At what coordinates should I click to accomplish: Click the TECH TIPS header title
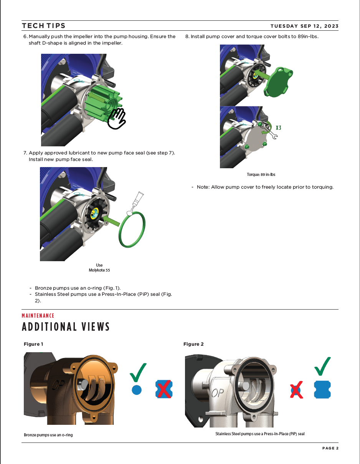(x=44, y=26)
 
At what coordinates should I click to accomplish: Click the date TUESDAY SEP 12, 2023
(x=304, y=26)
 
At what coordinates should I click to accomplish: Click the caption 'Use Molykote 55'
(x=99, y=268)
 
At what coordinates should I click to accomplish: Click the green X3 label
(x=278, y=128)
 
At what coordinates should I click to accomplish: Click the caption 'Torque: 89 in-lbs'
(x=261, y=174)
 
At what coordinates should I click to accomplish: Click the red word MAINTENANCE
(x=38, y=316)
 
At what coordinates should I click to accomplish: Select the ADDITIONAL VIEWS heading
(x=66, y=327)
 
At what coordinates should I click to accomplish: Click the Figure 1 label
(x=33, y=344)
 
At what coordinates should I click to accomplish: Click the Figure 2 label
(x=193, y=344)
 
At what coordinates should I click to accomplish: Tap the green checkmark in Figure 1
(x=138, y=372)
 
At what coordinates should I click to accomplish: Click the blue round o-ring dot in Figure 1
(x=137, y=390)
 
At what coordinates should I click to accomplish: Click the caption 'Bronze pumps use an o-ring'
(x=48, y=435)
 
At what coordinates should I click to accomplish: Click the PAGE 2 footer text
(x=330, y=448)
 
